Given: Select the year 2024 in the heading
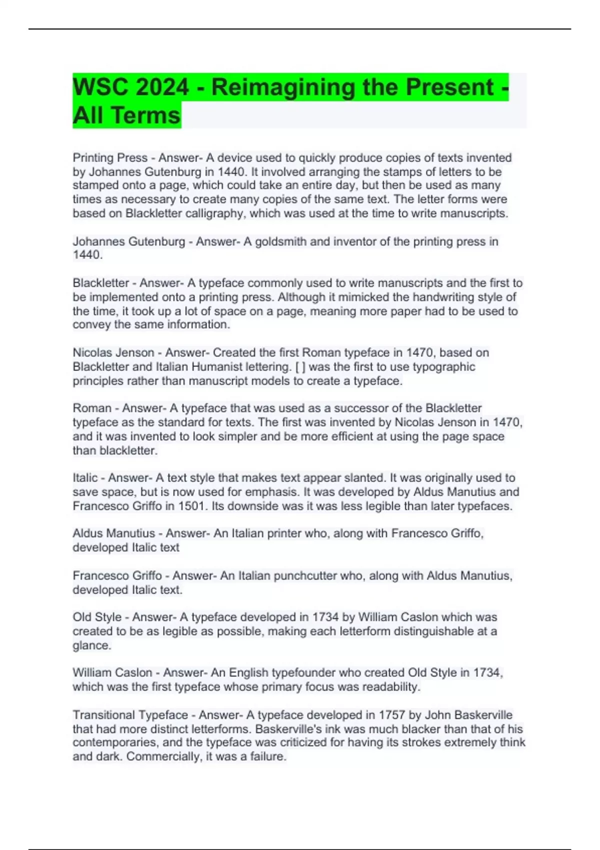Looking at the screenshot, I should [162, 87].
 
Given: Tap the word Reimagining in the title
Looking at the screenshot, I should [282, 87].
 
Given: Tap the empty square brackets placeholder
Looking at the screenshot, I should [300, 367].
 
